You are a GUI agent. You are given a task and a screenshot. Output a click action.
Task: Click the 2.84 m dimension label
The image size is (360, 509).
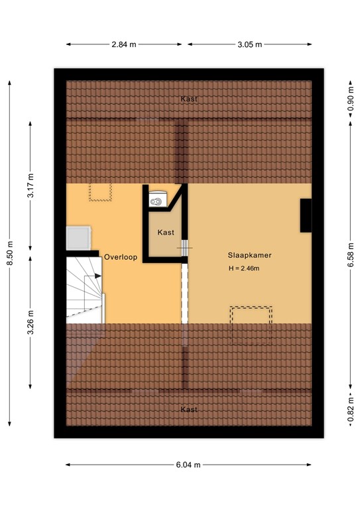coord(124,44)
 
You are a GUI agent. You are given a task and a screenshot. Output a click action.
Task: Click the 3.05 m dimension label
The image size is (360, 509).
coord(249,44)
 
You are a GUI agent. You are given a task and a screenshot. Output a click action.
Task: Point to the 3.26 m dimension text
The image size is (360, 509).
coord(31,323)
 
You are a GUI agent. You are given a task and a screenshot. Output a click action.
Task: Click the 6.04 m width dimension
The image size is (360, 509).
coord(189,465)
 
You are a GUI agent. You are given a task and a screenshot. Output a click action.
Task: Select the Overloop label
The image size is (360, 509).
coord(120,256)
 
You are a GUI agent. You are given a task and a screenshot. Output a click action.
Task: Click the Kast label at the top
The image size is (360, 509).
coord(189,99)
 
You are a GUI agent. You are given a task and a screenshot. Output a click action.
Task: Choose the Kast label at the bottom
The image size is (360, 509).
coord(189,410)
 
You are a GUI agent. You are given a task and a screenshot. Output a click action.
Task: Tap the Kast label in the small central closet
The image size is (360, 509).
coord(166,233)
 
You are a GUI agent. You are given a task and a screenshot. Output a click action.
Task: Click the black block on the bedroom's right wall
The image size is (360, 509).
coord(306,215)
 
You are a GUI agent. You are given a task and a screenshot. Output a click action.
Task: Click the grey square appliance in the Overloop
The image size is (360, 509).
coord(78,237)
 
